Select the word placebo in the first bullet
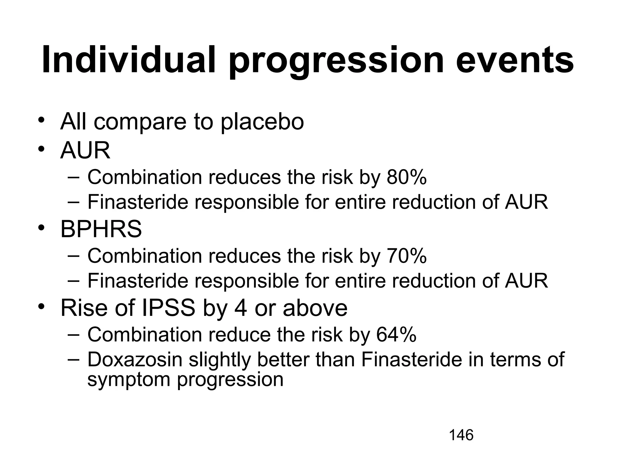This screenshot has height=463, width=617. coord(262,122)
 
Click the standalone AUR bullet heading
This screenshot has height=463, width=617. coord(85,150)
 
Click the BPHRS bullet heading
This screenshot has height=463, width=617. coord(101,229)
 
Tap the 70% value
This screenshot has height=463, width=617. coord(406,256)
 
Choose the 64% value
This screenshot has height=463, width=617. coord(396,335)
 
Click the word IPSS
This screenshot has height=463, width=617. coord(168,308)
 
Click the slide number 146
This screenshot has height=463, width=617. coord(461,435)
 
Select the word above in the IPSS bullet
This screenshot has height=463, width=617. coord(315,308)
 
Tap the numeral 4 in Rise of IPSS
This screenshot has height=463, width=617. coord(240,308)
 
